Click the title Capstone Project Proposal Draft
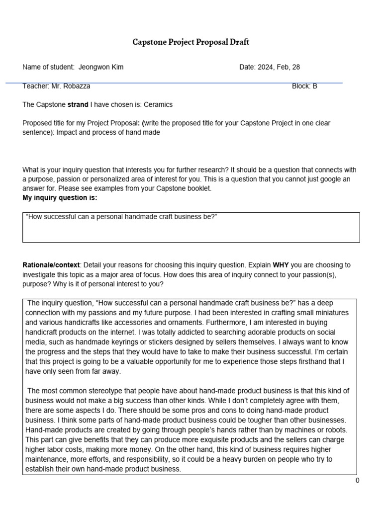tap(191, 42)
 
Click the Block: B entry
tap(304, 86)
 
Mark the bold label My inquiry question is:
tap(60, 197)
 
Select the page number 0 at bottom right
tap(357, 480)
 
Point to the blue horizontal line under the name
tap(174, 83)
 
